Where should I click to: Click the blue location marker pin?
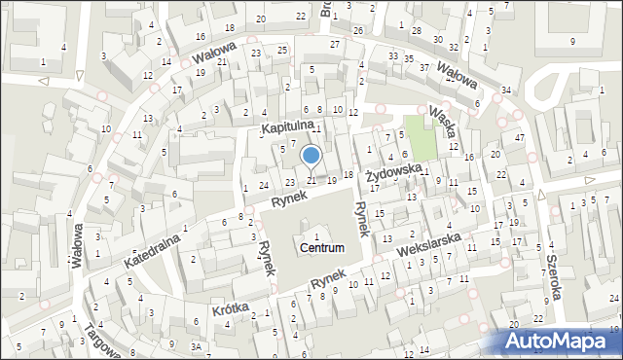(x=311, y=155)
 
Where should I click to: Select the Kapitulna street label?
(x=286, y=126)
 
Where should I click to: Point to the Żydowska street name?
(x=393, y=173)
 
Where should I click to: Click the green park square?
(x=421, y=138)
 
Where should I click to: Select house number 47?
(x=520, y=138)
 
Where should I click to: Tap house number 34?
(x=505, y=90)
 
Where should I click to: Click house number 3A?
(x=196, y=346)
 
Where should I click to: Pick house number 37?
(x=423, y=67)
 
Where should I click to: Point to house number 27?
(x=335, y=45)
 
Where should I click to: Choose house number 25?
(x=282, y=50)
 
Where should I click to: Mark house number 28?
(x=416, y=31)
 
